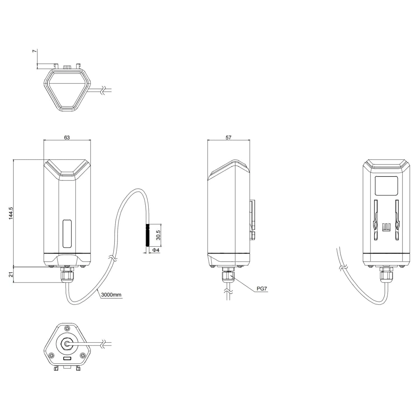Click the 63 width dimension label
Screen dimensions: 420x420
67,137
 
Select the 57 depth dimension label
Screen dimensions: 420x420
228,137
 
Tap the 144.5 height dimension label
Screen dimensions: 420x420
11,213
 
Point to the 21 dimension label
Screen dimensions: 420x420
11,274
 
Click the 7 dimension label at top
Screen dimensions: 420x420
34,51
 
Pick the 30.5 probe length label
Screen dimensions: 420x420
158,235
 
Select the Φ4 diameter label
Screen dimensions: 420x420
156,250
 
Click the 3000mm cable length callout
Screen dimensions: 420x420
111,295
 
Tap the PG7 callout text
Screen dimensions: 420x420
262,289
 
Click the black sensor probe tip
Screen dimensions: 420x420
148,235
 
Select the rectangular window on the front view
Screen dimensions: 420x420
67,234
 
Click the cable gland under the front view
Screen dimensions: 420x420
67,275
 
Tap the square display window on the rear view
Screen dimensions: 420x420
386,186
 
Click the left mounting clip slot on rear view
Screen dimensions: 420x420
375,220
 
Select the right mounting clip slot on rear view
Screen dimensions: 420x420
397,220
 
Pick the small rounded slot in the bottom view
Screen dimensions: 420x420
67,359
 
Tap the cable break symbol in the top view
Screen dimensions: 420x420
104,90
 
